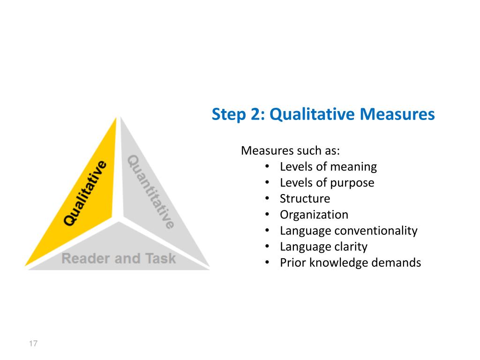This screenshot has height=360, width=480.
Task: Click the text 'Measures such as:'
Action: (x=290, y=151)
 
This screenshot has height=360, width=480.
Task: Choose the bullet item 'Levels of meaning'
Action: (x=328, y=167)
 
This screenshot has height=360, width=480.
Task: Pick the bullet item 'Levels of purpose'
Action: (x=327, y=183)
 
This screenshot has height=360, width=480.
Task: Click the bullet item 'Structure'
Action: (x=305, y=199)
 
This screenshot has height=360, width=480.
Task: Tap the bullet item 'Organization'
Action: (x=314, y=215)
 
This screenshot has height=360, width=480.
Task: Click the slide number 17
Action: (x=33, y=344)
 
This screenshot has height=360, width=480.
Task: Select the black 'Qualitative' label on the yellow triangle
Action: (x=85, y=193)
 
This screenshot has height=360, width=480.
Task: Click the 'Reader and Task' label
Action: (x=119, y=258)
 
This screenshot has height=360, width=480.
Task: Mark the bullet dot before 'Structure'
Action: (x=267, y=199)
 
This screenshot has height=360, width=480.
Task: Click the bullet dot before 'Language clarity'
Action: (x=267, y=247)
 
